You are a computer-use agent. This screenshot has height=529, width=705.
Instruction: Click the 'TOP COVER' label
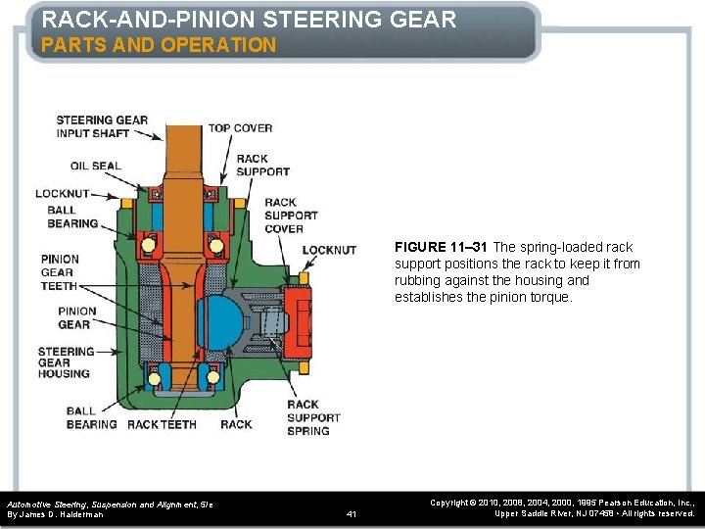coord(240,128)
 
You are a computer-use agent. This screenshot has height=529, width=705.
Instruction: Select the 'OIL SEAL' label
coord(96,166)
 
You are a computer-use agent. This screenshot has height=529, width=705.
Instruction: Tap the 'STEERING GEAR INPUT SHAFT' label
coord(102,127)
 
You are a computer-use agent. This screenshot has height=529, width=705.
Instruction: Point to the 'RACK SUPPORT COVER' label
coord(291,216)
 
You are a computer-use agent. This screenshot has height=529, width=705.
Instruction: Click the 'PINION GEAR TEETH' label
coord(60,272)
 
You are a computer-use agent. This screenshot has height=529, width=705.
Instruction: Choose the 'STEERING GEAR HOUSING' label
coord(66,362)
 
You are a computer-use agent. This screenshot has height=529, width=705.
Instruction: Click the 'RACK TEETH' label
coord(162,424)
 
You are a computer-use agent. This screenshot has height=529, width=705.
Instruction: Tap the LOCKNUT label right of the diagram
coord(329,250)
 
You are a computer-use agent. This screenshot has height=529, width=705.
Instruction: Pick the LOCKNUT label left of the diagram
coord(63,194)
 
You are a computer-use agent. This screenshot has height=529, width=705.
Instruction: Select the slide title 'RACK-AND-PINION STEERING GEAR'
coord(249,19)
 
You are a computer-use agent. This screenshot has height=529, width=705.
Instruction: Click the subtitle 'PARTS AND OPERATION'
coord(159,45)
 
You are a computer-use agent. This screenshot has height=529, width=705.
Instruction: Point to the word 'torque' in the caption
coord(549,297)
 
